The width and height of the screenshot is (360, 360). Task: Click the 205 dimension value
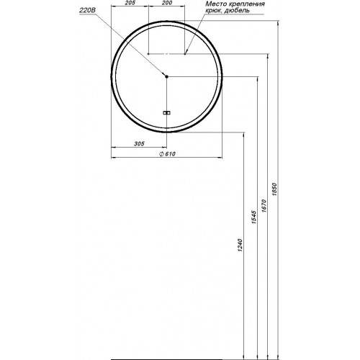[130, 3]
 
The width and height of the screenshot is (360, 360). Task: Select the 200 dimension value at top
[167, 3]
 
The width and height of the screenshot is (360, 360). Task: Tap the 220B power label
[88, 11]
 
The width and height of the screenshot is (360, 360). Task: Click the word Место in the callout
[215, 4]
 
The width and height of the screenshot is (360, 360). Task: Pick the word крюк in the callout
[213, 11]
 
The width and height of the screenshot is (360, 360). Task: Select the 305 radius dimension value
[139, 144]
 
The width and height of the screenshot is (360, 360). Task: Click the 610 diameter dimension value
[170, 154]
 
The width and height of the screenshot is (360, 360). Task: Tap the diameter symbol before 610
[161, 154]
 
